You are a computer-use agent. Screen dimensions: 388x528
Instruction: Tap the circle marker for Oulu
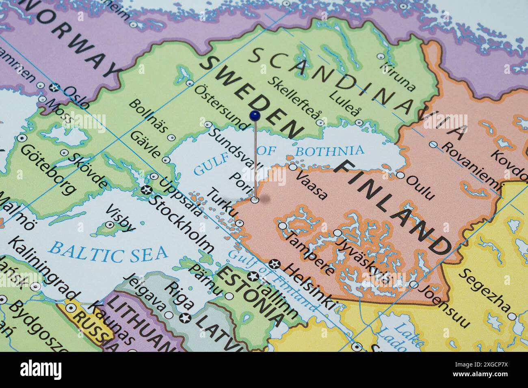[x=400, y=175]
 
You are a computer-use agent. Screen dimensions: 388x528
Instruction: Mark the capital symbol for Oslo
[x=54, y=87]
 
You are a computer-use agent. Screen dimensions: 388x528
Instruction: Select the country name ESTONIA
[x=249, y=296]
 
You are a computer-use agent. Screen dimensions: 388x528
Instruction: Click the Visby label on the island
[x=120, y=217]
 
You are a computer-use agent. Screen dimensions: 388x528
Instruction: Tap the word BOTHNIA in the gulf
[x=329, y=151]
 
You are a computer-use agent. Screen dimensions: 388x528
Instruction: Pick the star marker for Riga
[x=187, y=318]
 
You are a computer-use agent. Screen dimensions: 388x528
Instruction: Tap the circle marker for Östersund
[x=190, y=83]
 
